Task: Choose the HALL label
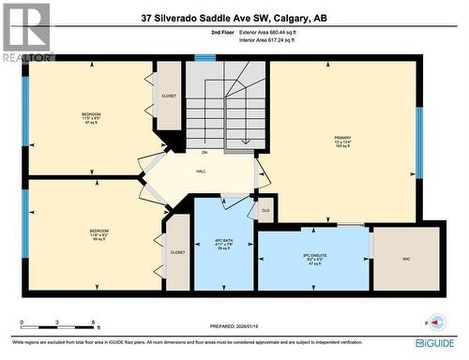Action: click(x=201, y=172)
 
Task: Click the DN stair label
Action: click(x=204, y=152)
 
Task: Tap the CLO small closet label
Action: click(x=265, y=210)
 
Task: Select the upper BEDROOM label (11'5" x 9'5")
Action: click(x=91, y=117)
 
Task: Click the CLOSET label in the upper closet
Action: click(x=169, y=96)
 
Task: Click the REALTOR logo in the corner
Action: click(x=26, y=32)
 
